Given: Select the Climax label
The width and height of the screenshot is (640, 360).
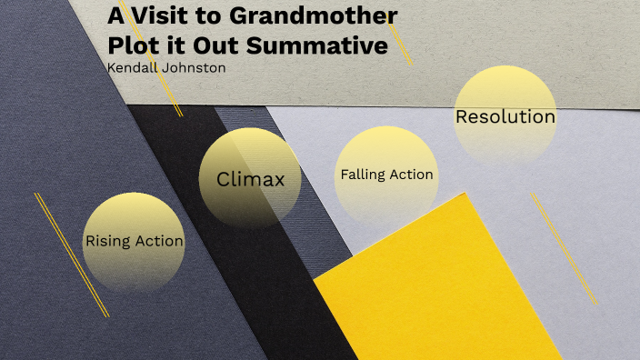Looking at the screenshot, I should (250, 180).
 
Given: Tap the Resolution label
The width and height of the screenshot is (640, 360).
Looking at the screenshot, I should (505, 117).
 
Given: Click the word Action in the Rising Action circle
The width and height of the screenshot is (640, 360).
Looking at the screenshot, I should (158, 242).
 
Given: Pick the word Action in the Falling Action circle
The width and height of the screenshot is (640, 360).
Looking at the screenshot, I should (412, 175).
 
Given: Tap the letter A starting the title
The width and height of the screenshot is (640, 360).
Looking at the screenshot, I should (116, 16).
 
